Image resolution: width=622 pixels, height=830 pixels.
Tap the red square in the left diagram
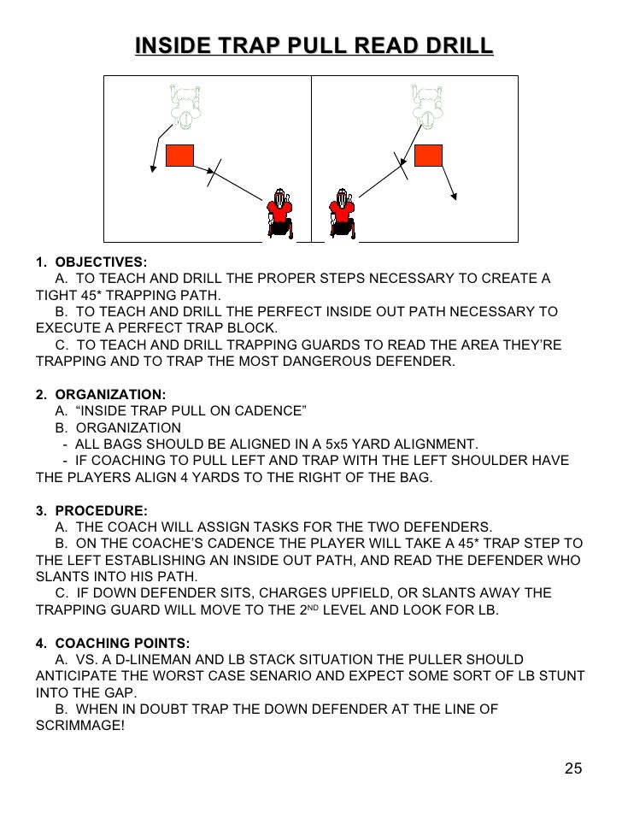179,156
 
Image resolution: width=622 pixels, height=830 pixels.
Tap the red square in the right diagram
428,156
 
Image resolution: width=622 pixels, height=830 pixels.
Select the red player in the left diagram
279,213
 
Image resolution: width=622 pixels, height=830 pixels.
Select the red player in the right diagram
343,213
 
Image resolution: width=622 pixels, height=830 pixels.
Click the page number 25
573,768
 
